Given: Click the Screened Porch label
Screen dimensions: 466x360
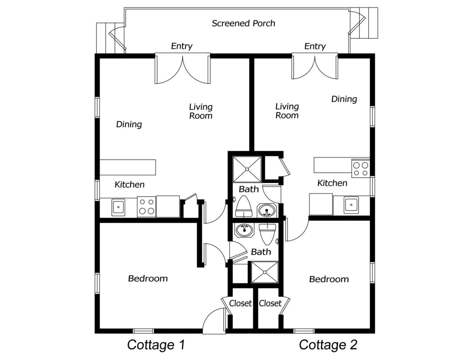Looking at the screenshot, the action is [243, 23].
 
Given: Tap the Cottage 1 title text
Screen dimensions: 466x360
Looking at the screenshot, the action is [156, 345].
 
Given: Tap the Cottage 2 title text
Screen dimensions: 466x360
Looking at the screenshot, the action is [328, 345].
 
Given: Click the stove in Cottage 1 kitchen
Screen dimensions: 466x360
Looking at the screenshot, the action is [146, 207].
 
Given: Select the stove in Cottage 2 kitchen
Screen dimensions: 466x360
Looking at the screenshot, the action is [360, 168].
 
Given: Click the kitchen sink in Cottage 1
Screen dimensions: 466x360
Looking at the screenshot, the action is [118, 207].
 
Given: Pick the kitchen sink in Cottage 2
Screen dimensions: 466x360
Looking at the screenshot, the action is [351, 205].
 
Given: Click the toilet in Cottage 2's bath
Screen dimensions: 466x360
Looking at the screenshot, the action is [244, 206].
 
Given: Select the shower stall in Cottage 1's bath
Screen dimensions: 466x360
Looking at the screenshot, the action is [265, 272].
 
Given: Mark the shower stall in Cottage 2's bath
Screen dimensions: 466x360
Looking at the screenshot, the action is [247, 169].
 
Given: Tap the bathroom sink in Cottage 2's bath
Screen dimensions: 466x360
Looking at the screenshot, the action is [267, 210].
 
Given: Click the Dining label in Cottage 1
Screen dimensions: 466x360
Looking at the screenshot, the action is [129, 124].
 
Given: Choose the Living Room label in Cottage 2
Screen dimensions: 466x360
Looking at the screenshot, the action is [287, 111].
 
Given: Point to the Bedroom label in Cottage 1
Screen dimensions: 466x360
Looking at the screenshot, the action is [148, 278].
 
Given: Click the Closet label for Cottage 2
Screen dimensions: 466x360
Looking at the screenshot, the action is [270, 303].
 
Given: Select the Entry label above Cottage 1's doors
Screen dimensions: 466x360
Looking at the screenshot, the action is [182, 46].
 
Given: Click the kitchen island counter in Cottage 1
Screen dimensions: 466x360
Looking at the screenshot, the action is [127, 167].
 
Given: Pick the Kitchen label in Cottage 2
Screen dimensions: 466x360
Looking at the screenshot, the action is [332, 183].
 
